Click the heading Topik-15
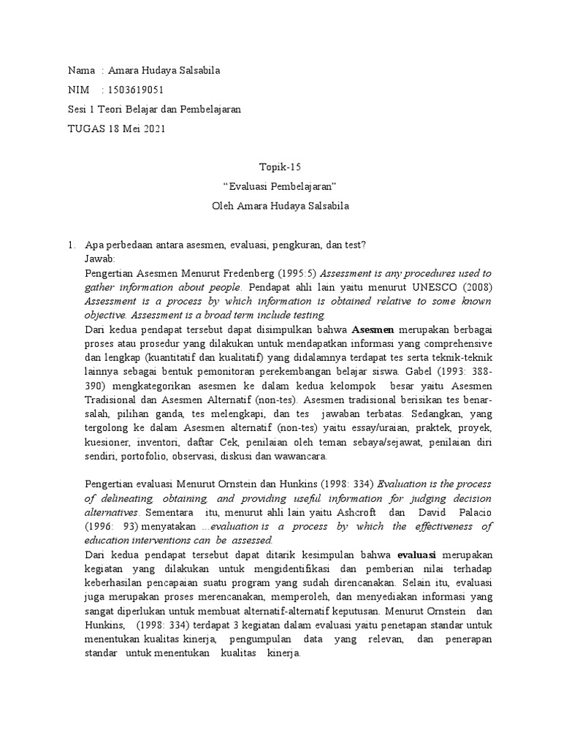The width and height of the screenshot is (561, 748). click(x=280, y=167)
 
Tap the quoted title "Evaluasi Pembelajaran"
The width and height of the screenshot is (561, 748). click(x=280, y=186)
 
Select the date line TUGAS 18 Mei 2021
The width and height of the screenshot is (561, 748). click(x=117, y=129)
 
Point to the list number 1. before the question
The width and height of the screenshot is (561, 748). click(x=71, y=245)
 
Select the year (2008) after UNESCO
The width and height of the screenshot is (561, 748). click(x=473, y=287)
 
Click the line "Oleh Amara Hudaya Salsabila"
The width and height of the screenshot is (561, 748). click(x=280, y=206)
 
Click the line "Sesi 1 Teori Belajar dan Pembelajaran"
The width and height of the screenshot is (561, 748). click(x=154, y=110)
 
